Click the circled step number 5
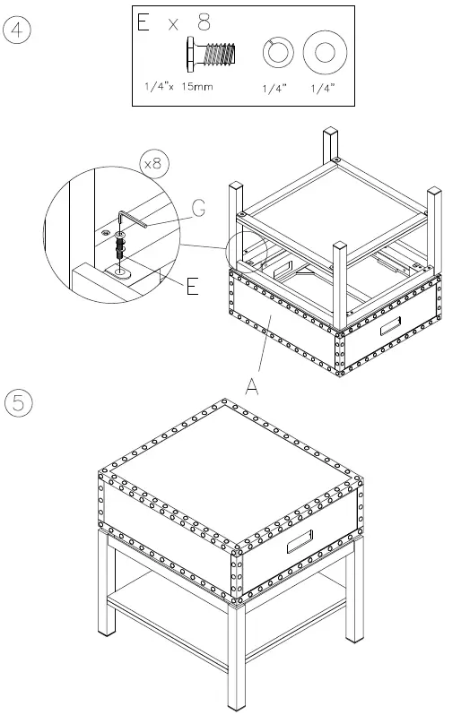pos(19,403)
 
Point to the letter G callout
pos(197,208)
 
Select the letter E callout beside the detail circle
pos(191,287)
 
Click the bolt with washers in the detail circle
pos(120,246)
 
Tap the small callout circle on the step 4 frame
pos(248,252)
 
